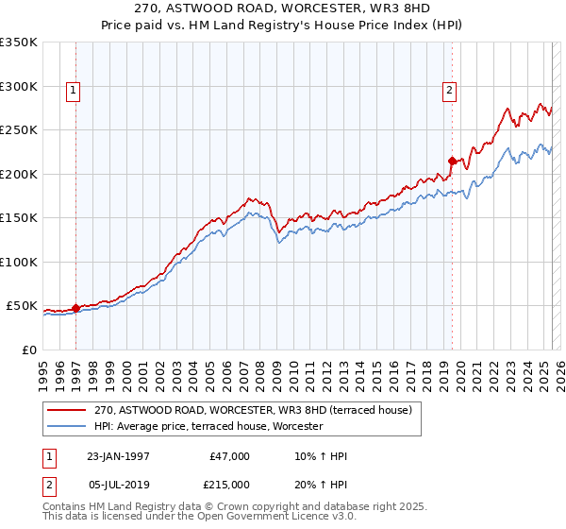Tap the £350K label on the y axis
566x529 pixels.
point(19,43)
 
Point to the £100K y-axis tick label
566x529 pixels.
point(19,262)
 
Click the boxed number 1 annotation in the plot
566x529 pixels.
point(73,91)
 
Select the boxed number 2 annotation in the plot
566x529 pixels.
point(448,91)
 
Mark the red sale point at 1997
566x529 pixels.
point(76,308)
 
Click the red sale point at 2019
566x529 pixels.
point(452,162)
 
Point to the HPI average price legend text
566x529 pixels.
point(208,427)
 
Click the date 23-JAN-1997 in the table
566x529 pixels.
point(117,456)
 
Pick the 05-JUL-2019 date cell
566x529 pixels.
point(117,484)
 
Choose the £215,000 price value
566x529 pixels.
point(227,484)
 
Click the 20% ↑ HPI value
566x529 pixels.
point(320,484)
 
